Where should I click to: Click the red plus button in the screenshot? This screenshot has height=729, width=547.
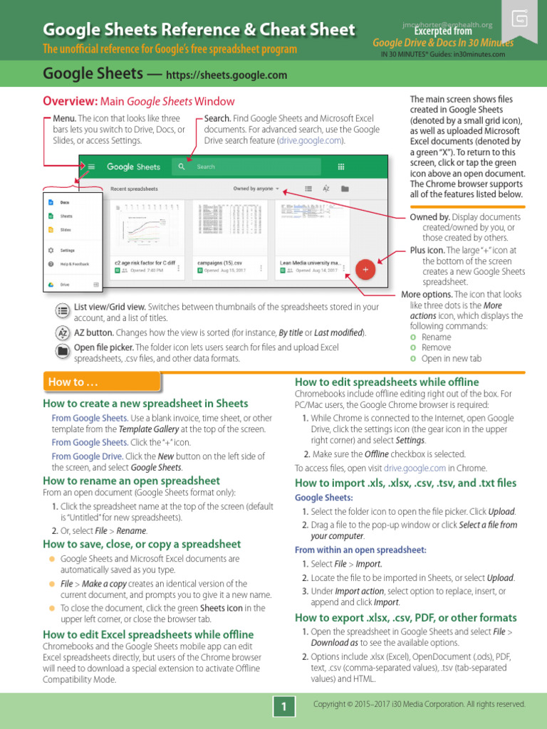coord(365,269)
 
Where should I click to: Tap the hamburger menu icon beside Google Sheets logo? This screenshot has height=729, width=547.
coord(92,167)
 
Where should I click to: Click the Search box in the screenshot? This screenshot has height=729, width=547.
coord(242,167)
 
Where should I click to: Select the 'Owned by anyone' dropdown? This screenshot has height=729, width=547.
coord(256,189)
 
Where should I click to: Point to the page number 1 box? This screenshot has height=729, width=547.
coord(283,706)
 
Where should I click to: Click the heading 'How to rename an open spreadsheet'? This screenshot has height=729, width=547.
coord(132,481)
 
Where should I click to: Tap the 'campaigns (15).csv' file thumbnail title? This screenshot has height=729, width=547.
coord(219,263)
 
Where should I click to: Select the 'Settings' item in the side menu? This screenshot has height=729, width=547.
coord(67,251)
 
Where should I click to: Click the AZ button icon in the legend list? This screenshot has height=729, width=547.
coord(63,332)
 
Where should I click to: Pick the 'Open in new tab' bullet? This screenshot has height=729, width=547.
coord(451,359)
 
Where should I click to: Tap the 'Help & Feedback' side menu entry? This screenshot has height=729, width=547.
coord(75,264)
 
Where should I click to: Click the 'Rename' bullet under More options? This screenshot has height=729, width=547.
coord(436,337)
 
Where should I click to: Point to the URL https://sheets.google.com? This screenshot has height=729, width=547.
coord(226,75)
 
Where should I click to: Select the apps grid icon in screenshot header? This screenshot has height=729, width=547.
coord(340,167)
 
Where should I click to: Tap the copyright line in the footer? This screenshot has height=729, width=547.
coord(419,705)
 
